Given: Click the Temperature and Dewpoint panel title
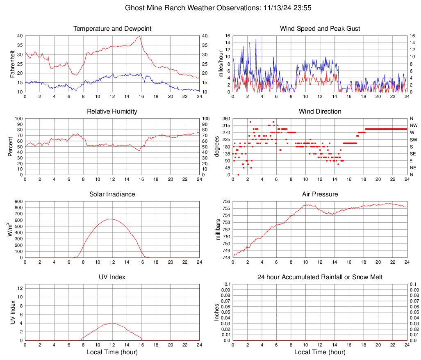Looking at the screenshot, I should coord(112,29).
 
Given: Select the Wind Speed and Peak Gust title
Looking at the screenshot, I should coord(320,29).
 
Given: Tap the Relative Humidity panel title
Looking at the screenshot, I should coord(112,112).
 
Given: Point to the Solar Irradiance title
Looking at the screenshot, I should coord(112,194).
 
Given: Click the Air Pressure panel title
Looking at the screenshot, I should coord(320,194).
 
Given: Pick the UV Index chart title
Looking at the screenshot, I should coord(112,277).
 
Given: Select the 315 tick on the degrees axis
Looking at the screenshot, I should coord(225,125).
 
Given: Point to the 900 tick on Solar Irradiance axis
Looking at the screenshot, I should coord(18,201).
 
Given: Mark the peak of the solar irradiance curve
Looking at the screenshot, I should coord(110,219).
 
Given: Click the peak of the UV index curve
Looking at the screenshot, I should coord(112,323).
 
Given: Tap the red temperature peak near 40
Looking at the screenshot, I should coord(140,36).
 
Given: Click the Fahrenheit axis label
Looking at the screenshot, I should coord(12,64).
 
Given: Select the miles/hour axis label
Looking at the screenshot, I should coord(221,64).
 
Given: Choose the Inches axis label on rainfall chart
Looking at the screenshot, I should coord(217,312).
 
